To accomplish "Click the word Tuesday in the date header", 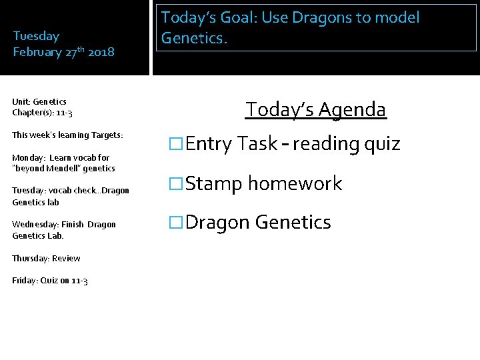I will pyautogui.click(x=36, y=36).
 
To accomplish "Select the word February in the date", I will pyautogui.click(x=37, y=52).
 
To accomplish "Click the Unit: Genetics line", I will pyautogui.click(x=39, y=102).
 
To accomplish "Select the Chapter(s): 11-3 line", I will pyautogui.click(x=42, y=113).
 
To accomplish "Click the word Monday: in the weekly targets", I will pyautogui.click(x=29, y=158).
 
